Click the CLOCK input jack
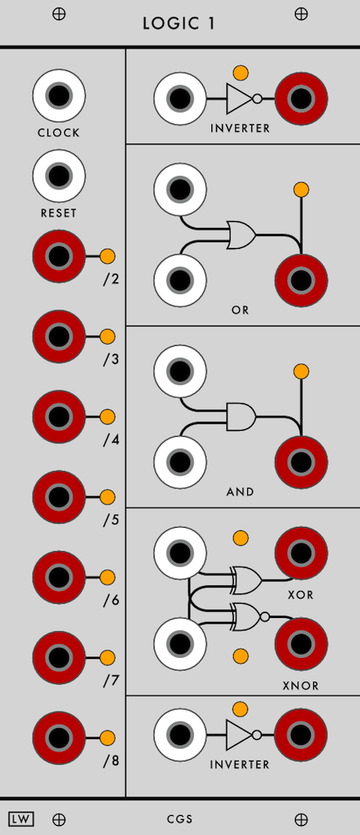[58, 96]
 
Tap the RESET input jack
[58, 175]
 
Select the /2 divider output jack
[58, 256]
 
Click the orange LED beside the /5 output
[108, 497]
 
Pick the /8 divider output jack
[58, 737]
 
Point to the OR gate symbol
[241, 235]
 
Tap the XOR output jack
[301, 554]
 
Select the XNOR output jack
[301, 645]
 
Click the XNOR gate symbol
[251, 617]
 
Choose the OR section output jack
[301, 280]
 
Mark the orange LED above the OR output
[301, 189]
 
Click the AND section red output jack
[301, 462]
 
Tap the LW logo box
[22, 818]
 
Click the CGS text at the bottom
[180, 819]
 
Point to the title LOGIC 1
[179, 23]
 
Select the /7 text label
[111, 681]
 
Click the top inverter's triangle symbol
[239, 99]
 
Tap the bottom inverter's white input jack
[180, 735]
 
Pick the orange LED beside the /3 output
[108, 337]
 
